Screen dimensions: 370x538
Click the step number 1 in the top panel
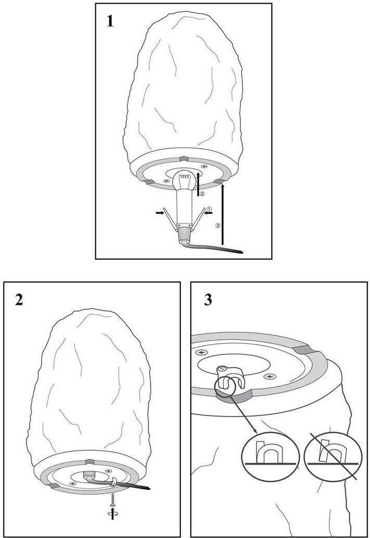(x=110, y=21)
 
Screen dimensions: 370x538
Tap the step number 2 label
(x=19, y=299)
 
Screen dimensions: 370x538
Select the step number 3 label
(x=208, y=299)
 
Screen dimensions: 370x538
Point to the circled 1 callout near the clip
(x=209, y=208)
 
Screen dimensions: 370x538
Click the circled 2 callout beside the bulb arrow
(x=202, y=194)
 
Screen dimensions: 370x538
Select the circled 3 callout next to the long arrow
(x=217, y=225)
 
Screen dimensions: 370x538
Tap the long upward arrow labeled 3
(x=223, y=214)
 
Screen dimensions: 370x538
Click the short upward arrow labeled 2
(x=198, y=184)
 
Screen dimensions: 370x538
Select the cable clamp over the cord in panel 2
(x=114, y=481)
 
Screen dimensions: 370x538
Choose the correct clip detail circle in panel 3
(x=271, y=456)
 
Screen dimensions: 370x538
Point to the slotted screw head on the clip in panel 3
(x=222, y=369)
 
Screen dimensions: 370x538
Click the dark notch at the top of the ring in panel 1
(x=184, y=159)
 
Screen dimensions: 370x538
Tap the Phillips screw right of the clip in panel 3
(x=271, y=377)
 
